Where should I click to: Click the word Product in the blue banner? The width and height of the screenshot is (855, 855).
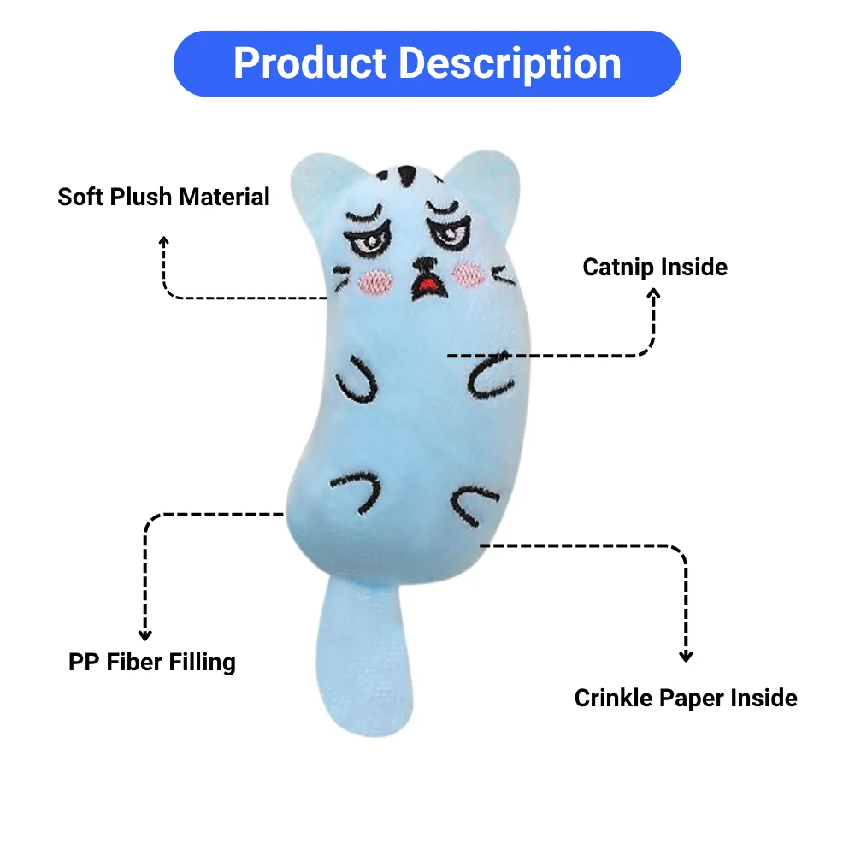point(310,63)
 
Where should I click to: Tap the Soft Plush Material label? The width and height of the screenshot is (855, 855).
point(163,197)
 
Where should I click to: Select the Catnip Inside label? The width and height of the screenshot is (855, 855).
point(655,267)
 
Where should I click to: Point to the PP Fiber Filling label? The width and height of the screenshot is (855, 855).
point(152,663)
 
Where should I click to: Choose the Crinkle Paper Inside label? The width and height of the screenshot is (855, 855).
point(686,698)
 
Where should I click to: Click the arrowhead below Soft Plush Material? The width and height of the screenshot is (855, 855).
point(163,240)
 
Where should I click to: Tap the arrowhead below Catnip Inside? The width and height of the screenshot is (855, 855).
point(653,294)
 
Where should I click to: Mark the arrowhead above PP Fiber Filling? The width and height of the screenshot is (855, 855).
point(145,635)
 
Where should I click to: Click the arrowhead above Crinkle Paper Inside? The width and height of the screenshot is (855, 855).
point(686,656)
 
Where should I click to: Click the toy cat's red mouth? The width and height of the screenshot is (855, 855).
point(429,284)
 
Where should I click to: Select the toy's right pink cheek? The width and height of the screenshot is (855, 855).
point(469,274)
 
